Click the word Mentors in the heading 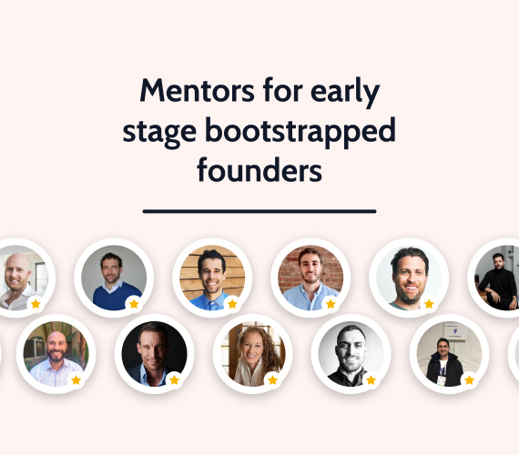198,91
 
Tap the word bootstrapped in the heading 300,132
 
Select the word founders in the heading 259,170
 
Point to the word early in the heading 345,93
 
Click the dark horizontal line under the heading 259,211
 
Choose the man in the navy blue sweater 114,278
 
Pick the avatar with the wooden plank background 212,278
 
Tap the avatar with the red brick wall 310,278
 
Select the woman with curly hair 252,354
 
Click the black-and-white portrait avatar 351,354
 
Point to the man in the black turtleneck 497,278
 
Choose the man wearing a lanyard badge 449,354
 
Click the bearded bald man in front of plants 56,354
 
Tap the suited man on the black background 154,354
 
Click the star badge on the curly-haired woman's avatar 273,379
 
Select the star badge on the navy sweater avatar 134,304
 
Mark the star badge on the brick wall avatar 331,304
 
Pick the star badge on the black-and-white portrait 371,379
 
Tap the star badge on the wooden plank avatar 232,304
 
